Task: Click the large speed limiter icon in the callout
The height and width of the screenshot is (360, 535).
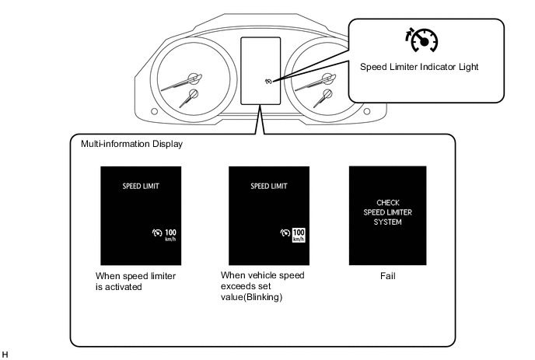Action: click(422, 40)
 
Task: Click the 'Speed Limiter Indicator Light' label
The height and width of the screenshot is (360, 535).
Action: click(419, 67)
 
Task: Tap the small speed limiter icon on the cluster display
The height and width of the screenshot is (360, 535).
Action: click(268, 81)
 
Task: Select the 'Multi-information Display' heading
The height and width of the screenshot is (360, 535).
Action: click(131, 144)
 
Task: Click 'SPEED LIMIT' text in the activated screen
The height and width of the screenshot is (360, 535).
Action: click(141, 186)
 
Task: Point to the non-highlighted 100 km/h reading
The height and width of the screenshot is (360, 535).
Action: click(170, 235)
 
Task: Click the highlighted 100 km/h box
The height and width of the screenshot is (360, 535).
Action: click(299, 235)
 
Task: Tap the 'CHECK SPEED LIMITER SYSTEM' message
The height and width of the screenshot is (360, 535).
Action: click(387, 212)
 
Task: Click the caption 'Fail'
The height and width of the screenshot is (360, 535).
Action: click(387, 276)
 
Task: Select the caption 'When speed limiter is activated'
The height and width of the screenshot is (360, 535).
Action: click(135, 281)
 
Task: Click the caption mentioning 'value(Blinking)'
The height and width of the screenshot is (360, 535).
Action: click(262, 286)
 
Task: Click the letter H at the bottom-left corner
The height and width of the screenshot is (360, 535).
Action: click(5, 355)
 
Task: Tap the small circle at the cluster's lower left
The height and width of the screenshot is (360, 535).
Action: click(154, 111)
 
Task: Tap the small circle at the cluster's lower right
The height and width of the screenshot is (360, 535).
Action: click(367, 111)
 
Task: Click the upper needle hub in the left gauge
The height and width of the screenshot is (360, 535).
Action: click(194, 78)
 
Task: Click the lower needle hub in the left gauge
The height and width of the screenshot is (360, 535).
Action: click(193, 93)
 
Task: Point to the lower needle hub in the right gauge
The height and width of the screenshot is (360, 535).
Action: click(327, 93)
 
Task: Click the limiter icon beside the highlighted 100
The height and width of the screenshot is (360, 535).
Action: click(285, 232)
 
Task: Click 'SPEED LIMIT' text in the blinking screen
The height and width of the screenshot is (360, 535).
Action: click(269, 186)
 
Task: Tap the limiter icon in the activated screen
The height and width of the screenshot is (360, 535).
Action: click(157, 232)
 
